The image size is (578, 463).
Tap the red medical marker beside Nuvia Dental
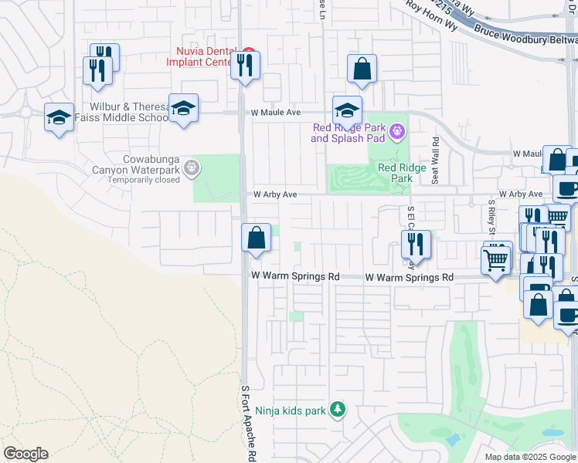pyautogui.click(x=246, y=52)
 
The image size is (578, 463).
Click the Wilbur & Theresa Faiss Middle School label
pyautogui.click(x=118, y=112)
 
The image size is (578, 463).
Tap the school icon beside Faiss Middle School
pyautogui.click(x=183, y=108)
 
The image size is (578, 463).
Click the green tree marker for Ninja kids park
pyautogui.click(x=336, y=409)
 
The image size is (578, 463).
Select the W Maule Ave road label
pyautogui.click(x=275, y=113)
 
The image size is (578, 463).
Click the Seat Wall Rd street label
pyautogui.click(x=436, y=160)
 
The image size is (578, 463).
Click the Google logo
pyautogui.click(x=25, y=454)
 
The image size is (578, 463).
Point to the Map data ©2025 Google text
pyautogui.click(x=529, y=457)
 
